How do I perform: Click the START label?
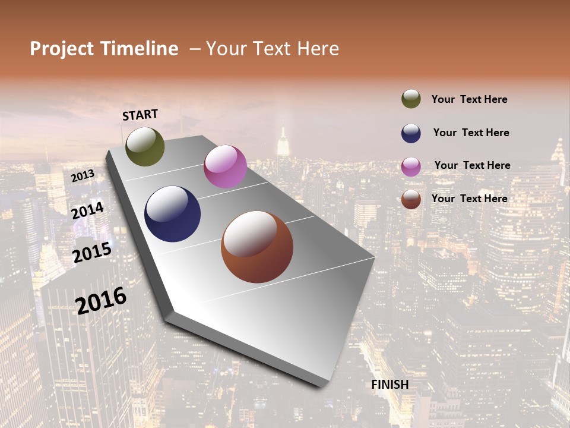[x=140, y=115]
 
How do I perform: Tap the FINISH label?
[x=390, y=385]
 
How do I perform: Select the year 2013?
[x=83, y=176]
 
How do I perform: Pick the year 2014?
[x=88, y=210]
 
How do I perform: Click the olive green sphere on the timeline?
[x=145, y=147]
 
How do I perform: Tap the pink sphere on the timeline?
[x=225, y=166]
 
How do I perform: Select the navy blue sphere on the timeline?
[x=173, y=214]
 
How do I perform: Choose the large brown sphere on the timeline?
[x=257, y=247]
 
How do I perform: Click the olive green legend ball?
[x=411, y=99]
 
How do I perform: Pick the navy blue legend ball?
[x=411, y=133]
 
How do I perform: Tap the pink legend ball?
[x=411, y=166]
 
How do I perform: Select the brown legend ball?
[x=411, y=199]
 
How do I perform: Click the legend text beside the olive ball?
[x=470, y=99]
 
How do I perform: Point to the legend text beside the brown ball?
[x=470, y=199]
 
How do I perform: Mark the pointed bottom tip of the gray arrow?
[x=324, y=385]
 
